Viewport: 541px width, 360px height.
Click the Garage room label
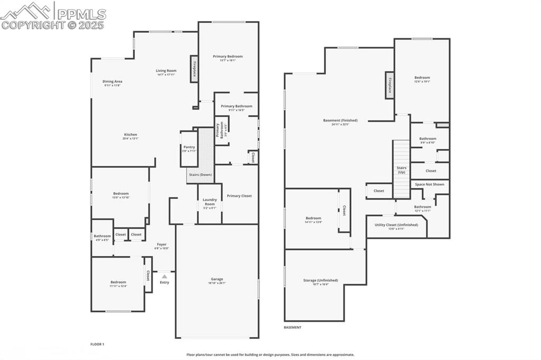(217, 279)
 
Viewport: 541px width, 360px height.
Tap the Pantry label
(189, 147)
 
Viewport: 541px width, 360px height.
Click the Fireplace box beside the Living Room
(194, 69)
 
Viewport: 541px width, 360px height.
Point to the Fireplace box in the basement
(390, 85)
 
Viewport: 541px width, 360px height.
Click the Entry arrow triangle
(165, 276)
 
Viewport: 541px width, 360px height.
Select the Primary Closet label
(239, 196)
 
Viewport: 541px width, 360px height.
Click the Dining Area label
(113, 81)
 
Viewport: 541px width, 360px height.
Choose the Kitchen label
(130, 135)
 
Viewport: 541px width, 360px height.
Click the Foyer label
(161, 244)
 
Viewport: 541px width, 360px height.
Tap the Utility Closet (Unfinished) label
(396, 225)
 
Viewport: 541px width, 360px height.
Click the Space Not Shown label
(430, 184)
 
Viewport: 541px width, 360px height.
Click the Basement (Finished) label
(340, 120)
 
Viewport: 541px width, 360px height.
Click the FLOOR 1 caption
(97, 344)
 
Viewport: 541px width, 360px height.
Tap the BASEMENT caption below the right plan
(293, 327)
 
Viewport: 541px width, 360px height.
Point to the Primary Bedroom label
(228, 56)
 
